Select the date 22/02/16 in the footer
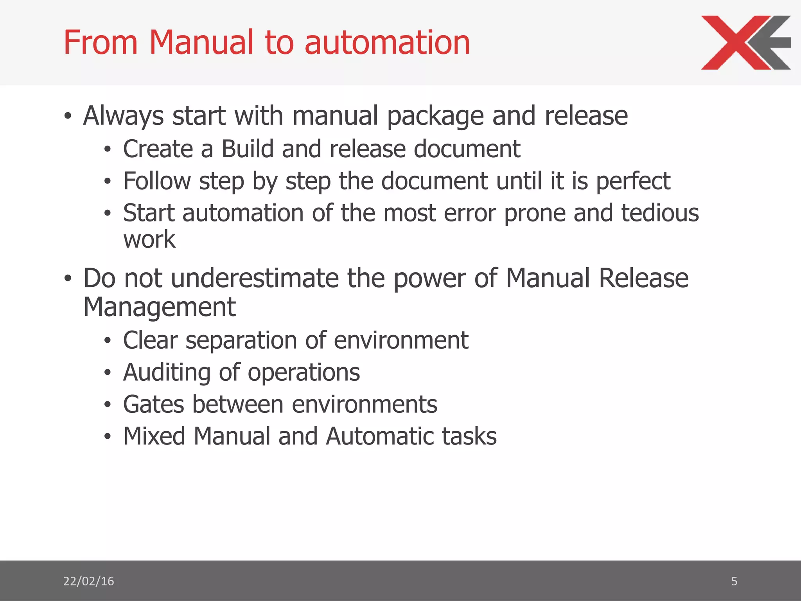click(x=88, y=581)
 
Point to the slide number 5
click(x=734, y=581)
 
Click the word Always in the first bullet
click(x=124, y=116)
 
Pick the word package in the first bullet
click(x=435, y=117)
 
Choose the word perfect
click(x=633, y=182)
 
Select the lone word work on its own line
click(x=149, y=239)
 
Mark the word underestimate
click(x=255, y=278)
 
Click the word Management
click(x=160, y=307)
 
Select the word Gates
click(x=153, y=404)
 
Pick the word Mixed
click(x=154, y=436)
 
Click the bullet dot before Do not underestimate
click(x=68, y=278)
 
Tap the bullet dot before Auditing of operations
click(x=108, y=372)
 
